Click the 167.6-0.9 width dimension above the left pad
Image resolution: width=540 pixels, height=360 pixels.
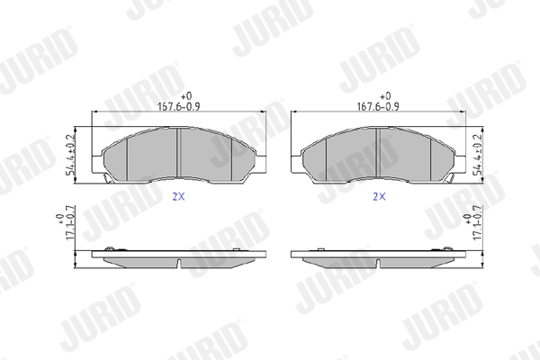(x=178, y=106)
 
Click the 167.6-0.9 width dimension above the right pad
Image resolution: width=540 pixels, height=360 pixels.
(x=378, y=106)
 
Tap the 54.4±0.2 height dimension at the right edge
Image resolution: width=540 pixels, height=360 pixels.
(x=478, y=154)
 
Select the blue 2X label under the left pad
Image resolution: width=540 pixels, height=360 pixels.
(x=178, y=197)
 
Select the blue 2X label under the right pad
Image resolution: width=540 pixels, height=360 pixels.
(x=379, y=197)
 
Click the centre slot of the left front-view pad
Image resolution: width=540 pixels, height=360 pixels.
(x=178, y=153)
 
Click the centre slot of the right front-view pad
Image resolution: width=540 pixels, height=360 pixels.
(x=378, y=153)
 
